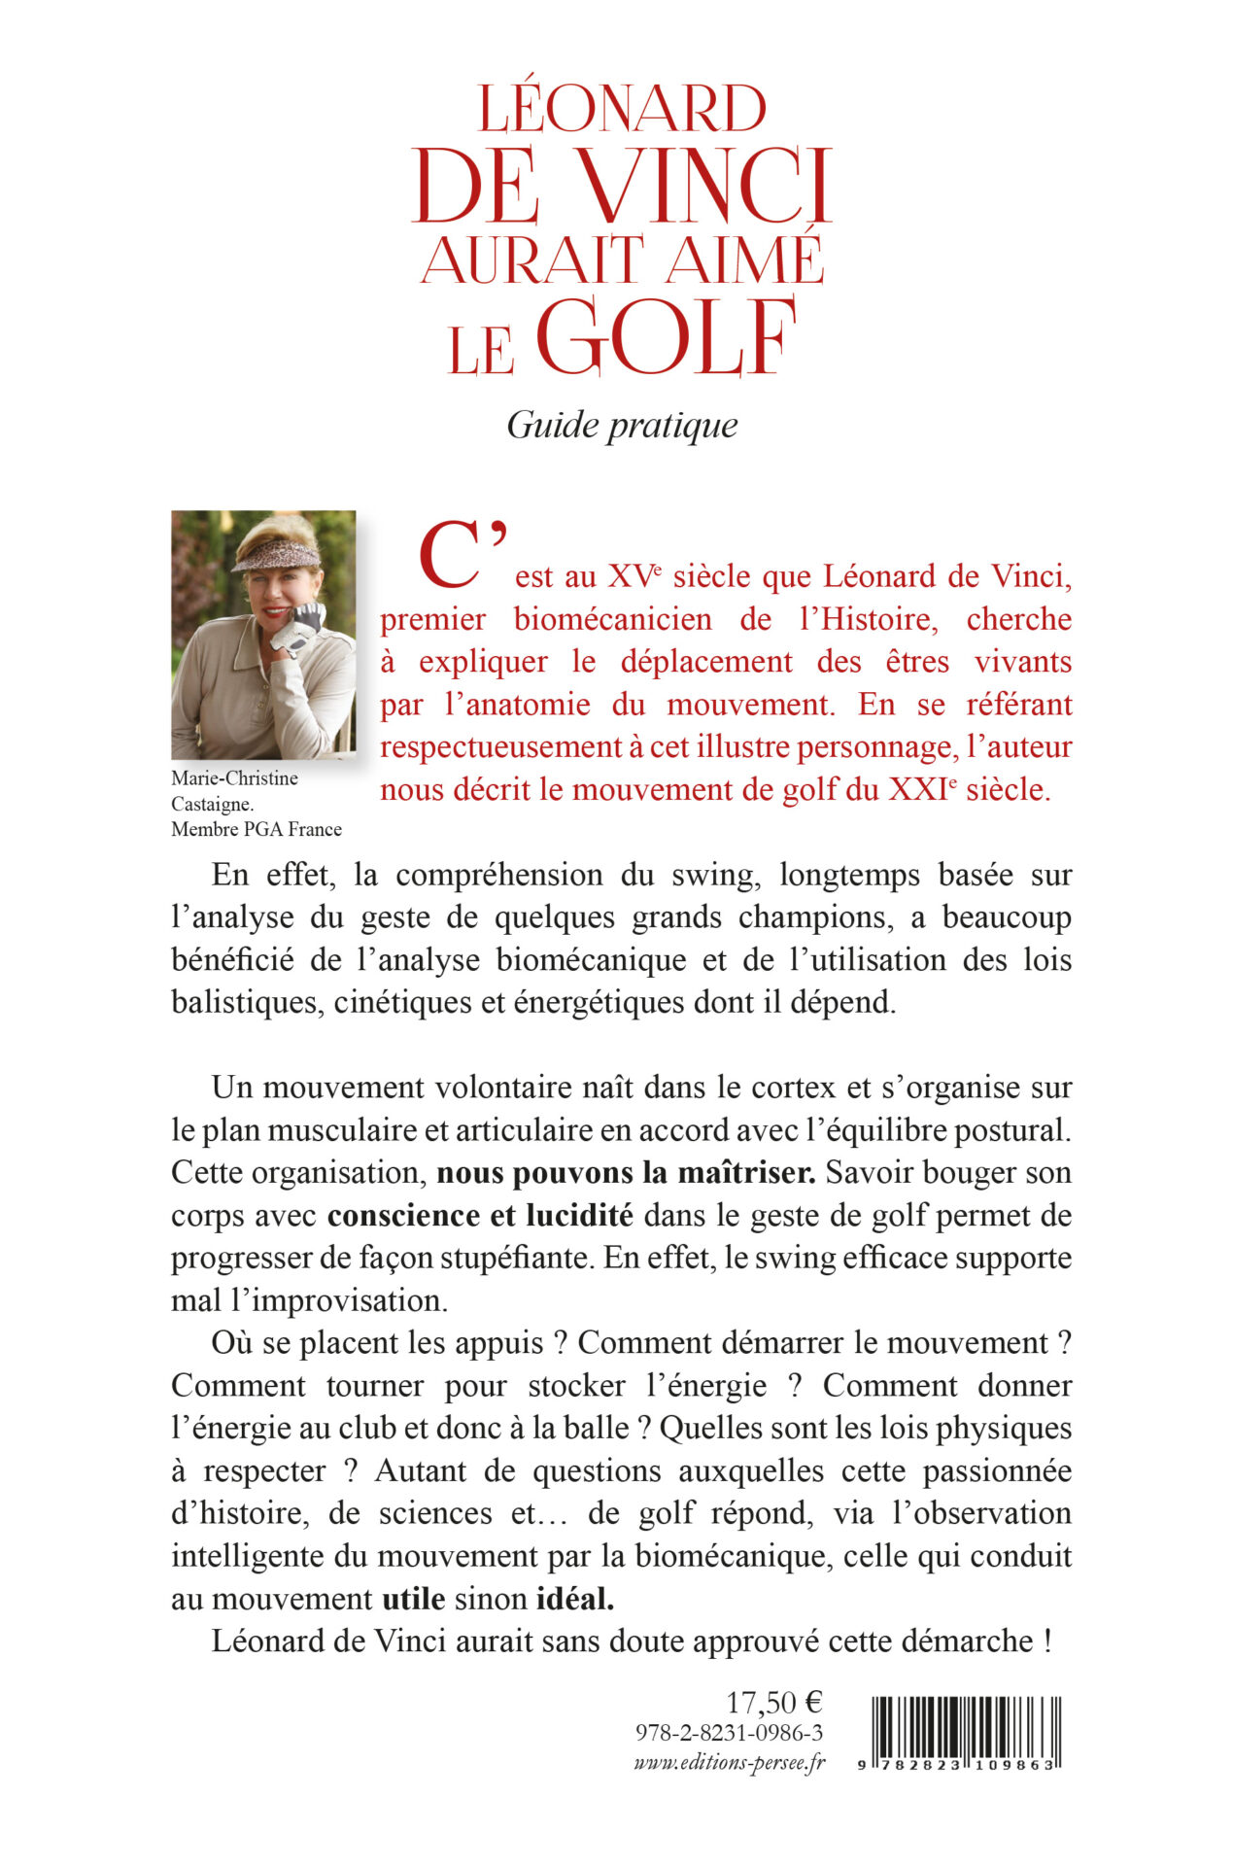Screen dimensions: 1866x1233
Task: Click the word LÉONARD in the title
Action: pyautogui.click(x=622, y=109)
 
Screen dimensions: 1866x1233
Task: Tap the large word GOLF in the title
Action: pyautogui.click(x=666, y=338)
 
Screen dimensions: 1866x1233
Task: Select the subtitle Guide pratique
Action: pyautogui.click(x=622, y=425)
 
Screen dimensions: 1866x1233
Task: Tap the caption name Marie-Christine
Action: pyautogui.click(x=234, y=777)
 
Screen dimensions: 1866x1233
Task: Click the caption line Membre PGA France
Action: pyautogui.click(x=257, y=829)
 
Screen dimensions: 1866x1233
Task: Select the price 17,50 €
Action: pyautogui.click(x=774, y=1702)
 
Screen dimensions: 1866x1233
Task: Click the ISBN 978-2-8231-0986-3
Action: pyautogui.click(x=729, y=1733)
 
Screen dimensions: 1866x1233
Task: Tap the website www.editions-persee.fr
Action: pyautogui.click(x=729, y=1762)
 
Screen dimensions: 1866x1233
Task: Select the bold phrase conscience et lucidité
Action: pyautogui.click(x=480, y=1215)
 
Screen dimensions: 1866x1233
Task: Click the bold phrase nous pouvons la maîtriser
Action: pyautogui.click(x=626, y=1172)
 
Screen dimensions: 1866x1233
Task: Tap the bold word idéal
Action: pyautogui.click(x=575, y=1599)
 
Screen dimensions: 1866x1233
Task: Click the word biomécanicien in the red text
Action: pyautogui.click(x=612, y=619)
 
